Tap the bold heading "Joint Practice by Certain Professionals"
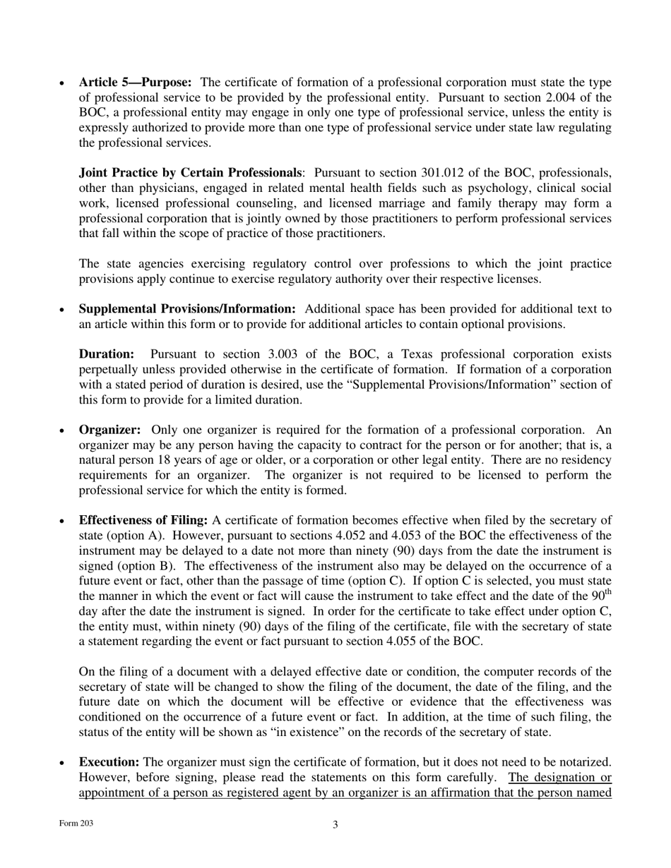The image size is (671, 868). coord(190,173)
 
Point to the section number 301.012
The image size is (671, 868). coord(461,173)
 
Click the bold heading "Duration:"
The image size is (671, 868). coord(106,354)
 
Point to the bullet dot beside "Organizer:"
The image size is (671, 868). coord(62,430)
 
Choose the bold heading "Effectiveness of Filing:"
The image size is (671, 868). coord(143,520)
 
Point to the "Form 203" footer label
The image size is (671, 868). coord(76,824)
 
